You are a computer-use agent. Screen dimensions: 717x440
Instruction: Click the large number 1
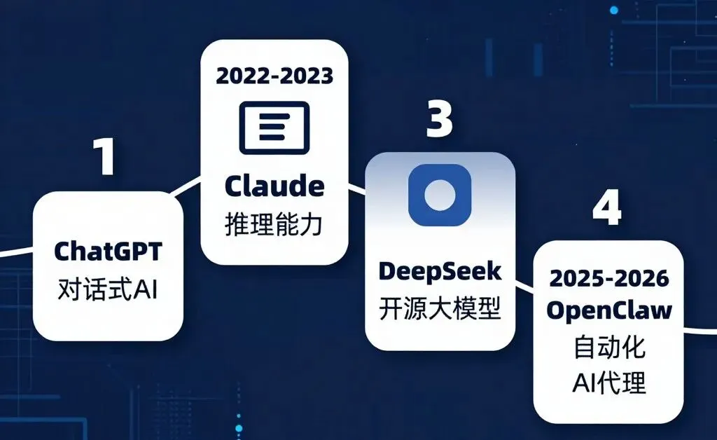pos(106,156)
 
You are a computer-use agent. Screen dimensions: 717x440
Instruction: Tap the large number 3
pos(439,120)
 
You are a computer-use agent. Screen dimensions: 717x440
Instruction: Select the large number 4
pos(606,207)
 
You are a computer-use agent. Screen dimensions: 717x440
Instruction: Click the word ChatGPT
pos(108,250)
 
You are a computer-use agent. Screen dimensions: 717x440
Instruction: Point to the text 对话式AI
pos(108,288)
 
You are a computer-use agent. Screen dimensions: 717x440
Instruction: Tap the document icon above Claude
pos(274,128)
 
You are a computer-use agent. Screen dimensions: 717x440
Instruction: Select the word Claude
pos(274,186)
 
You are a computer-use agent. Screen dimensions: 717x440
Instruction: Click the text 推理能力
pos(274,226)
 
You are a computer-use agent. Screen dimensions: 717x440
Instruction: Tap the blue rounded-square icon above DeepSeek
pos(440,195)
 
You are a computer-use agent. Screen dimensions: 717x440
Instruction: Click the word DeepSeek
pos(440,270)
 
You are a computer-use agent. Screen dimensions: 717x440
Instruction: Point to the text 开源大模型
pos(440,309)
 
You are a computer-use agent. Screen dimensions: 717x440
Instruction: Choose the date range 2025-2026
pos(608,278)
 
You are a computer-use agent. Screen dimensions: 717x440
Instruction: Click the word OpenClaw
pos(608,310)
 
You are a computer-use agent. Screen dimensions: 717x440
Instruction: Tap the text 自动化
pos(608,348)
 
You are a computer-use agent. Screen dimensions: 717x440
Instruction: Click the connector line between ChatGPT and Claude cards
pos(191,186)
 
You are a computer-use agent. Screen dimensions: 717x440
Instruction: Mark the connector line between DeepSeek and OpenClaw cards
pos(524,286)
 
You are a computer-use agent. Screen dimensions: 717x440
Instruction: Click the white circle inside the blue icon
pos(440,194)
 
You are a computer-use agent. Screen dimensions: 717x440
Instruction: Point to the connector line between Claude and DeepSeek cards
pos(358,190)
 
